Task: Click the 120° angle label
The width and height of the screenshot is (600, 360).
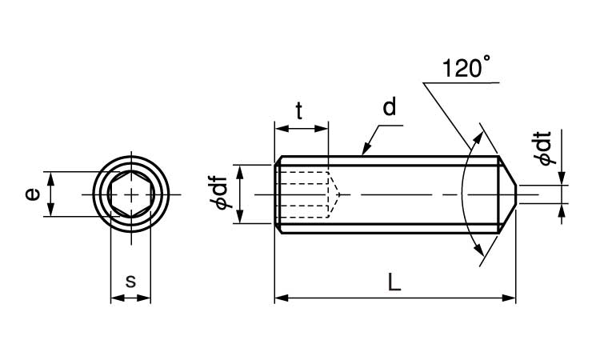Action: (466, 67)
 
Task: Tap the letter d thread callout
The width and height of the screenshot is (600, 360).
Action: (389, 106)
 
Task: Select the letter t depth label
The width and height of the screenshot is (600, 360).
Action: (299, 111)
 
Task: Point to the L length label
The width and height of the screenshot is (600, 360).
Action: (394, 282)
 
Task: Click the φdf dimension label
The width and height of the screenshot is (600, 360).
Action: (222, 193)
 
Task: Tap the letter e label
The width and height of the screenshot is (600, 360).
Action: (33, 194)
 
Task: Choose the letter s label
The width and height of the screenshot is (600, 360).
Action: (131, 281)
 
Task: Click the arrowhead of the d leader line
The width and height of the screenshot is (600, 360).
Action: (366, 150)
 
